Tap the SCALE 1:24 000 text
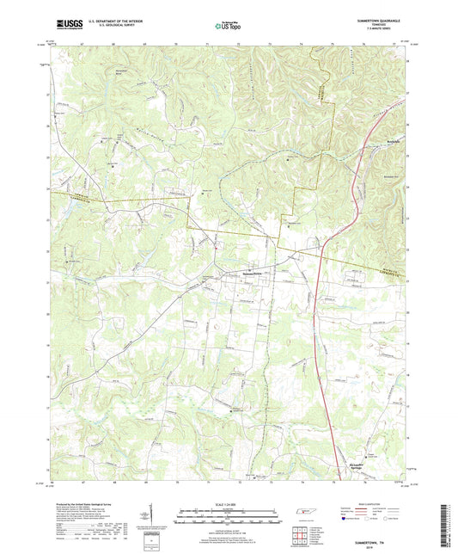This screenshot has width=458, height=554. click(x=228, y=503)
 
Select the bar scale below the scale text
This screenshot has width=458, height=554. click(x=228, y=516)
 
